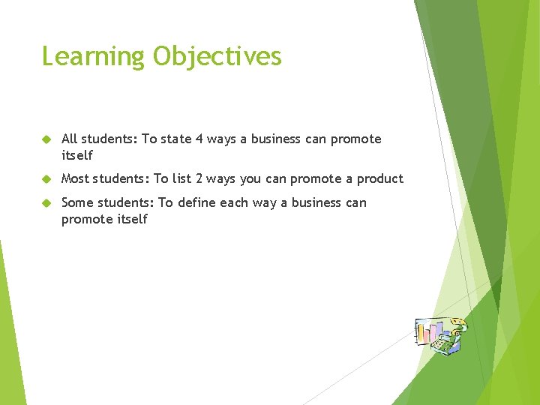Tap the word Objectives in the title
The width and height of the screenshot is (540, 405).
coord(217,57)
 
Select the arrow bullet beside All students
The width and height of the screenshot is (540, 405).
coord(46,139)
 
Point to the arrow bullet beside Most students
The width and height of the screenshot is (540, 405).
coord(46,179)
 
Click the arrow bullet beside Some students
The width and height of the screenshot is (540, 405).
coord(46,203)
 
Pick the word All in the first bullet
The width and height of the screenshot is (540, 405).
coord(70,139)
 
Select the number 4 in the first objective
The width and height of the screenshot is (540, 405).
coord(199,139)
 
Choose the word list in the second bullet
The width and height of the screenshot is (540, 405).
coord(181,178)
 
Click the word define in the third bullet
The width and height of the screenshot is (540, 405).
coord(197,202)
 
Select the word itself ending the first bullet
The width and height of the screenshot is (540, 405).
coord(77,155)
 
